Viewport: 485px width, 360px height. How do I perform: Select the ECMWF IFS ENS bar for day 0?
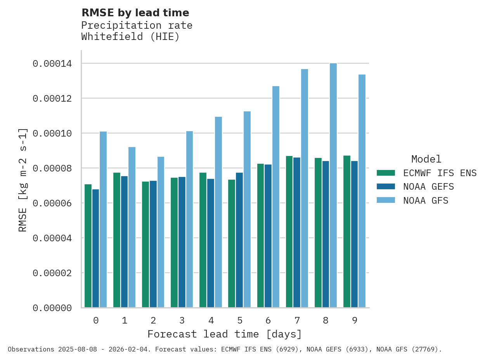pos(88,246)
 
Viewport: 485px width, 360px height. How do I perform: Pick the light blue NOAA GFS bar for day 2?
pos(161,232)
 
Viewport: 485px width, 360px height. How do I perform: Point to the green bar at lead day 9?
pos(347,232)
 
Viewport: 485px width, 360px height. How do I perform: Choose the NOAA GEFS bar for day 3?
pos(182,242)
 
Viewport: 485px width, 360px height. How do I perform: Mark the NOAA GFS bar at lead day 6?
pos(276,197)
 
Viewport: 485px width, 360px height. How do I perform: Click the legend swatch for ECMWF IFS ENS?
pos(386,173)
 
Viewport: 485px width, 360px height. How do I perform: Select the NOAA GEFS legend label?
pos(428,187)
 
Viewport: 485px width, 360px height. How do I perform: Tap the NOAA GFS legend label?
pos(426,201)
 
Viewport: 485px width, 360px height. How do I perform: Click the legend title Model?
pos(426,159)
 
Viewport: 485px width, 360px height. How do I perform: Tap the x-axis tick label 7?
pos(297,320)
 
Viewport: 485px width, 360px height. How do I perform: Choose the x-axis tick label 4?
pos(211,320)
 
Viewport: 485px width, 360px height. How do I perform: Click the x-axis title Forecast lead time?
pos(225,334)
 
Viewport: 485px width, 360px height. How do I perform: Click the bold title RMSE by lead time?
pos(135,13)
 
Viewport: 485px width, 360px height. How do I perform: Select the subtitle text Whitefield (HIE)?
pos(130,37)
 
